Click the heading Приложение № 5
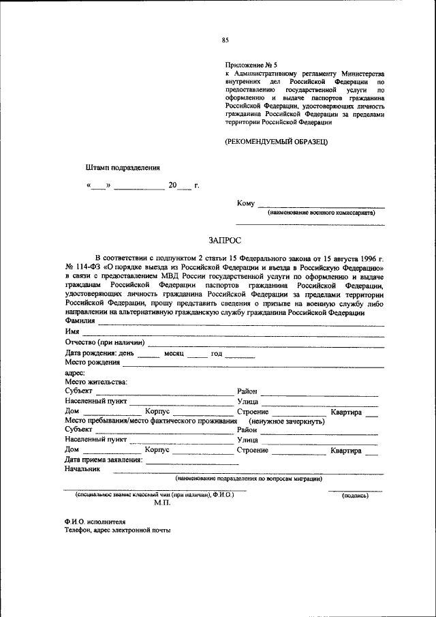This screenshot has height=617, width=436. pyautogui.click(x=249, y=65)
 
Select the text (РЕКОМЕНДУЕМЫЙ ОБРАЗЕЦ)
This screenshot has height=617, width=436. pyautogui.click(x=277, y=141)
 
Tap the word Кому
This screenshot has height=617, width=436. pyautogui.click(x=245, y=203)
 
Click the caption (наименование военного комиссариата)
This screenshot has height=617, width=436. pyautogui.click(x=321, y=213)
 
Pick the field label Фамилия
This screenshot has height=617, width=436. pyautogui.click(x=80, y=321)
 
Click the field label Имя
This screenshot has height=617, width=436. pyautogui.click(x=72, y=331)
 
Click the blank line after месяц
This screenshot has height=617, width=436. pyautogui.click(x=197, y=356)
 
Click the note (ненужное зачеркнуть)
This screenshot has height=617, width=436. pyautogui.click(x=286, y=421)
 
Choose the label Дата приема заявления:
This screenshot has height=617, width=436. pyautogui.click(x=104, y=460)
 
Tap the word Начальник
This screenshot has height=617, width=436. pyautogui.click(x=82, y=469)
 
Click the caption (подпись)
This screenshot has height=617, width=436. pyautogui.click(x=354, y=496)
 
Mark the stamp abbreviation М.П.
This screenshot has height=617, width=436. pyautogui.click(x=161, y=502)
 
